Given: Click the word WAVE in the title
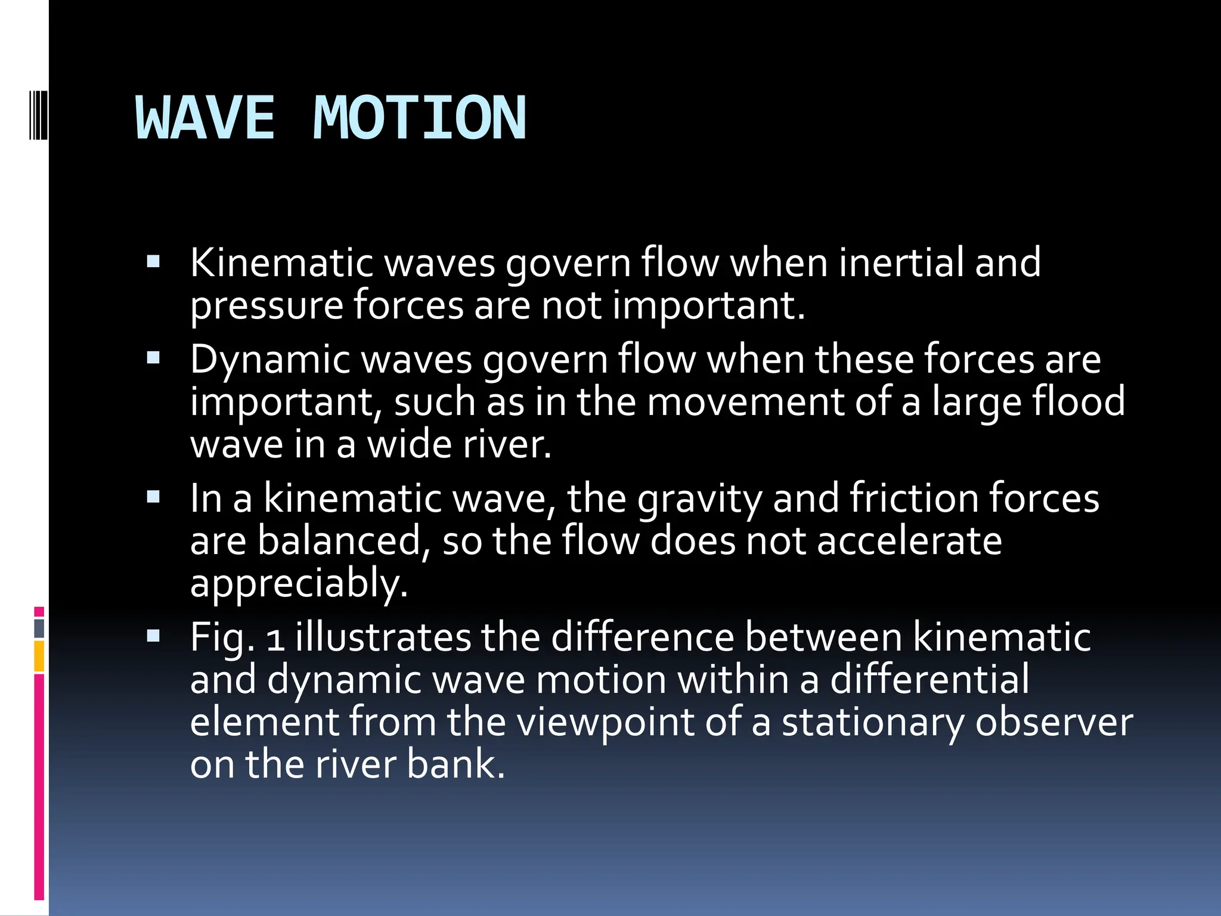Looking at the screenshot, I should click(206, 119).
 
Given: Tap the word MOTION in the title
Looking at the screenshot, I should click(420, 119).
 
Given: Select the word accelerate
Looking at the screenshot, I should click(909, 541).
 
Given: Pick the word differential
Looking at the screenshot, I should click(929, 680).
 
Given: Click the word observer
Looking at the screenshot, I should click(1054, 722).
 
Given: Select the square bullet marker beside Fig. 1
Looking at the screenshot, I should click(153, 636).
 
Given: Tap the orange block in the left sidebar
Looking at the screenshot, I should click(39, 656).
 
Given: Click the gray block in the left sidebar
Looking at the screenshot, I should click(39, 629).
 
